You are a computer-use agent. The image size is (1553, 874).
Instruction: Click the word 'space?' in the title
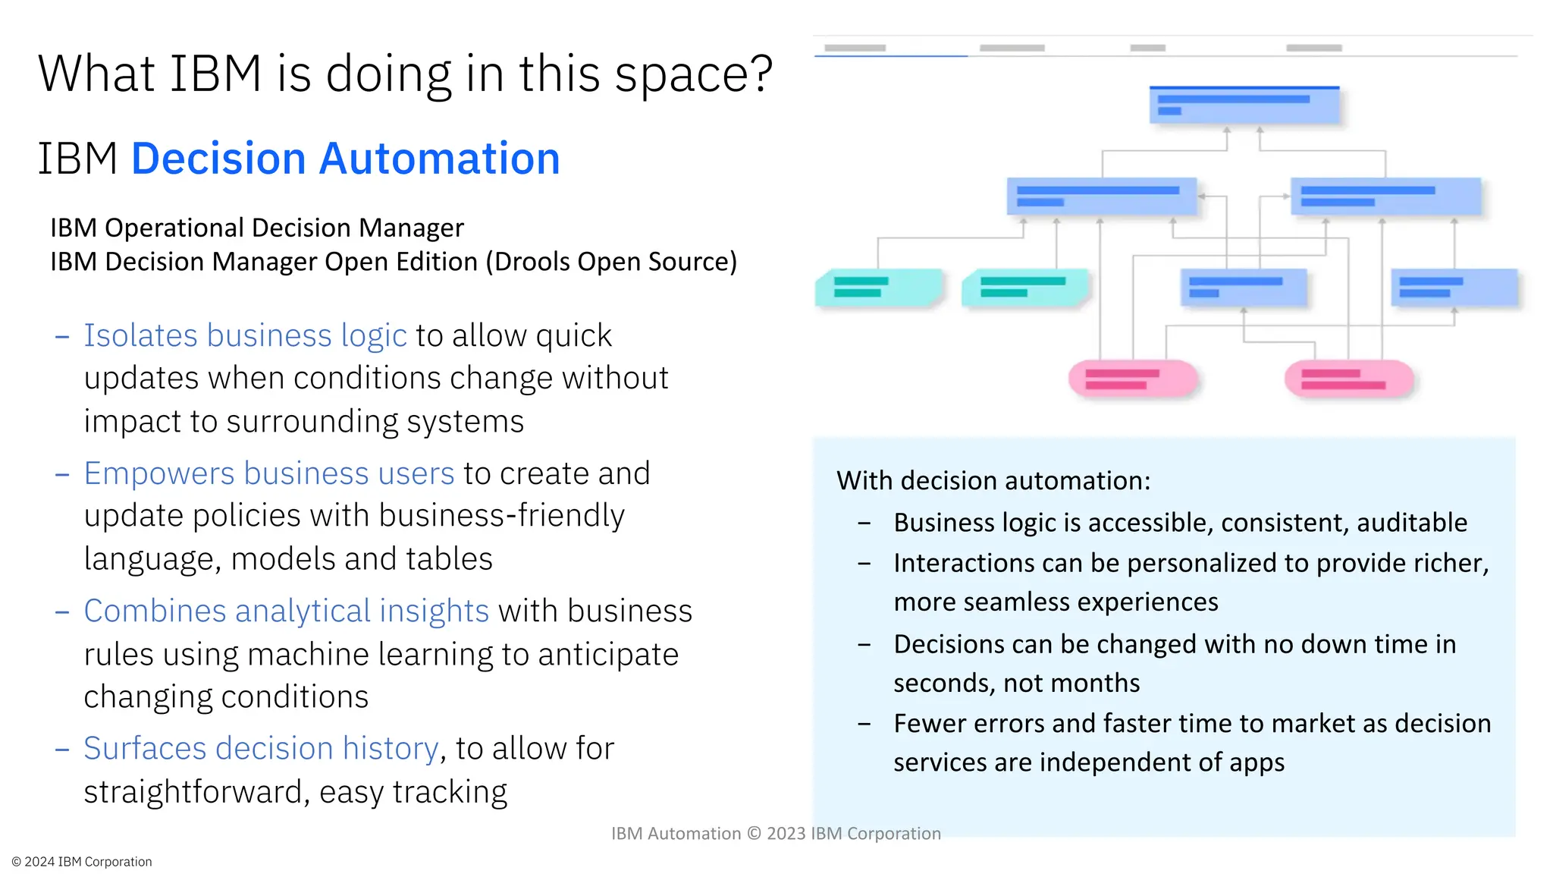[x=693, y=74]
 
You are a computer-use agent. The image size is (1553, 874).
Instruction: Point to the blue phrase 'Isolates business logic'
[x=245, y=335]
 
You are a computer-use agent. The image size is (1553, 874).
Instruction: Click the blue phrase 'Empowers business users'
[x=268, y=473]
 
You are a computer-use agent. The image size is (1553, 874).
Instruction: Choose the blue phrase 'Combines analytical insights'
[x=286, y=611]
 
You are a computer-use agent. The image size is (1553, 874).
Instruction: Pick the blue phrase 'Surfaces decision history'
[x=261, y=748]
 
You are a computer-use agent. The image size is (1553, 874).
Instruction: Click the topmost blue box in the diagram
[x=1244, y=105]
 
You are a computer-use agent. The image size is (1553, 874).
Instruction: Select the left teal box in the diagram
[x=878, y=288]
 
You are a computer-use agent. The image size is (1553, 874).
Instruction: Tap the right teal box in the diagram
[x=1024, y=288]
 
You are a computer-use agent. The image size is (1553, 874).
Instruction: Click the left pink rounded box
[x=1133, y=379]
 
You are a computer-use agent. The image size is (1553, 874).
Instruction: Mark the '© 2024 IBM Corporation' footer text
[x=82, y=862]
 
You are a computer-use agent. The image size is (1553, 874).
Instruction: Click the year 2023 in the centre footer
[x=786, y=834]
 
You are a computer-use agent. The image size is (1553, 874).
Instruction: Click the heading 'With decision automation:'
[x=993, y=481]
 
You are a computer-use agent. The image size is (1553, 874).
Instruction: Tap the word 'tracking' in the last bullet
[x=450, y=792]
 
